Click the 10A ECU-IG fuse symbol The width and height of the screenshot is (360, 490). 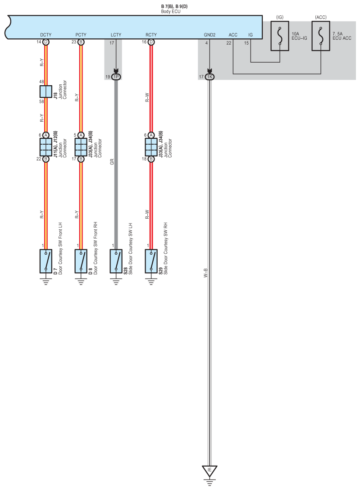click(280, 35)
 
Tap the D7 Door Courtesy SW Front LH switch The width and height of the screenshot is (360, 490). click(46, 261)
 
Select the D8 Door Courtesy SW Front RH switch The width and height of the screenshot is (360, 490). click(81, 261)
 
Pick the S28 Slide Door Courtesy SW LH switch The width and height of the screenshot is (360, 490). click(116, 261)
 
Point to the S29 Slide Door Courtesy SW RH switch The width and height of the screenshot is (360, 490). click(151, 261)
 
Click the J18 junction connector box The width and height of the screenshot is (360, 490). click(46, 92)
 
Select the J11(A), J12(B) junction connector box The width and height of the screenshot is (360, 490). click(46, 147)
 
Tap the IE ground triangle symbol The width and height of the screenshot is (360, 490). click(210, 471)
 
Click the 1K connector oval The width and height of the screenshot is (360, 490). click(210, 77)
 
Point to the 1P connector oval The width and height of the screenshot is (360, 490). click(116, 77)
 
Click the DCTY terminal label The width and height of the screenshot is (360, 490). click(46, 34)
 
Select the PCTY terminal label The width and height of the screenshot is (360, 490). click(81, 34)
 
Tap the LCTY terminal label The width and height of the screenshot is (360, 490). click(116, 34)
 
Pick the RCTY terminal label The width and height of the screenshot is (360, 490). click(151, 34)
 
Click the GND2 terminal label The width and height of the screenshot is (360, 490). click(210, 34)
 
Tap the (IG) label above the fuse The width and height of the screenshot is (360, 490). click(280, 17)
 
